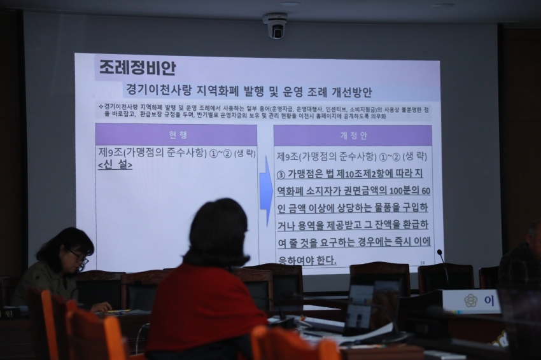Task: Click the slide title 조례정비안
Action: click(137, 67)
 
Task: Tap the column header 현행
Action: click(178, 135)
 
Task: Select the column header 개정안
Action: click(354, 136)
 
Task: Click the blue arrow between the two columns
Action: click(266, 191)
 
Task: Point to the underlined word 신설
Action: click(115, 165)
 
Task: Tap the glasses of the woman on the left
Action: click(80, 256)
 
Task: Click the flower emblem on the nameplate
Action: click(470, 301)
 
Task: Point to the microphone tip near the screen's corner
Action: click(439, 253)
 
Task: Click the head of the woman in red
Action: click(216, 232)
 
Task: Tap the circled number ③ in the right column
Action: click(280, 174)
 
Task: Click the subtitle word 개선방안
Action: click(349, 92)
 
